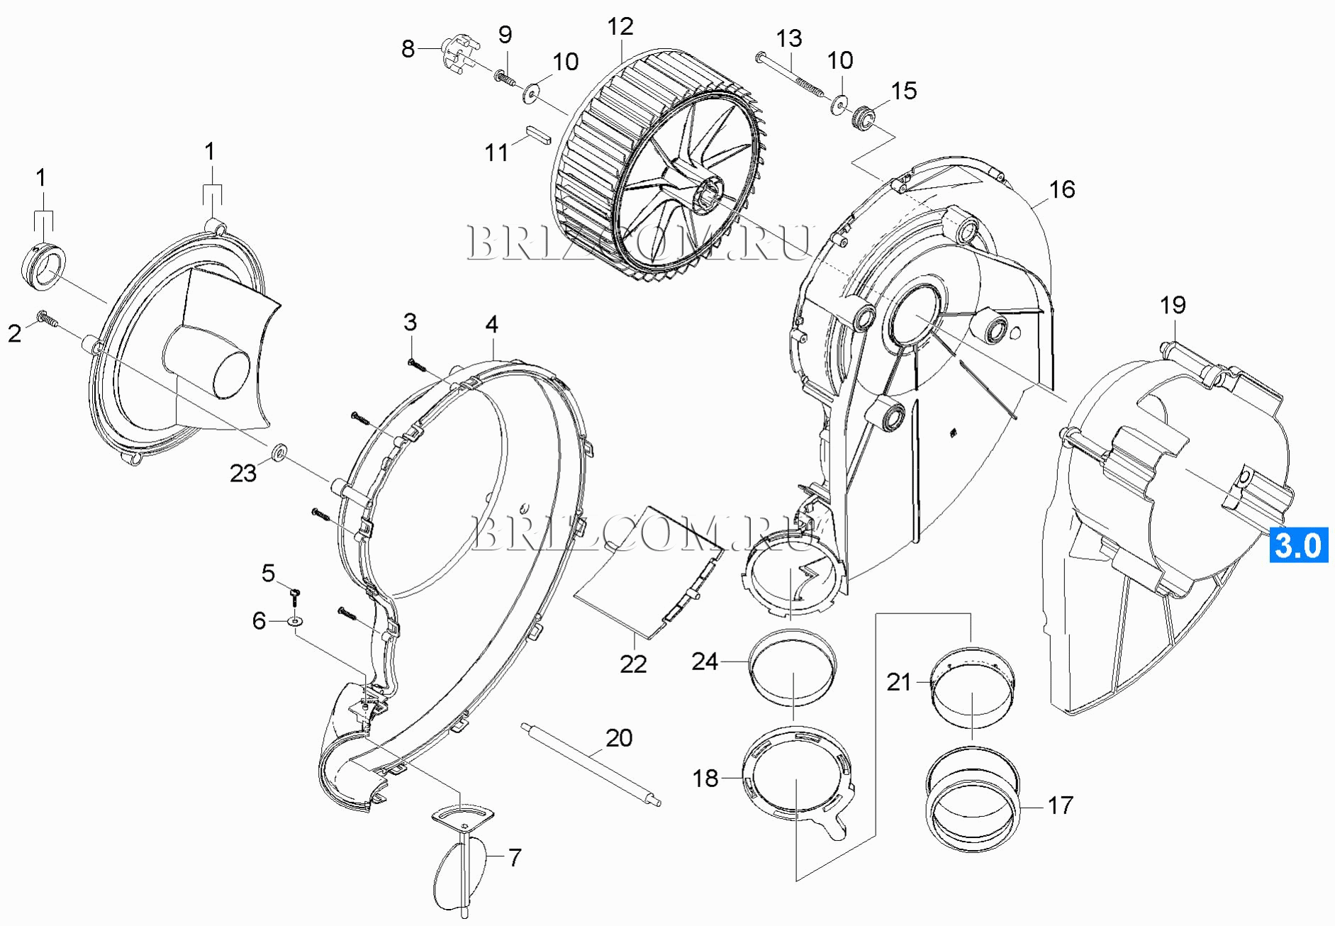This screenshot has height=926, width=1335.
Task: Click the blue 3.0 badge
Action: coord(1298,545)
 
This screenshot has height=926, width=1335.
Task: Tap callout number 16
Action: coord(1061,189)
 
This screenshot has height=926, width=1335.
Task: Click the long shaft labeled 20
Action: coord(591,764)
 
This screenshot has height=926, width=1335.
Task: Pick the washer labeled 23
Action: coord(278,451)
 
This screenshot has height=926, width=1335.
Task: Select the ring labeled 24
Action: coord(793,666)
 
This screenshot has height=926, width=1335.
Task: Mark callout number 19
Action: coord(1173,306)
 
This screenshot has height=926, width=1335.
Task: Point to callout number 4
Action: coord(491,325)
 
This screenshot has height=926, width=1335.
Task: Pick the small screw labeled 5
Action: coord(296,592)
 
